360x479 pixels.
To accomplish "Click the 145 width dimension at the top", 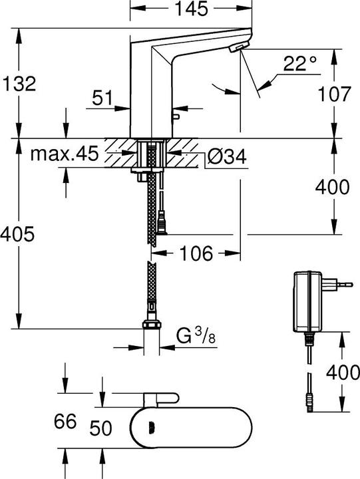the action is (x=191, y=9).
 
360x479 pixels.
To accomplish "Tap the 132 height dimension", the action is (x=19, y=83).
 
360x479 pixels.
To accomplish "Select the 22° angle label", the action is (x=300, y=64).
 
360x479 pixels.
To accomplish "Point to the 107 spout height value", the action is (x=334, y=94).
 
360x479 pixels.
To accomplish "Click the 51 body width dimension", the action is (x=102, y=98).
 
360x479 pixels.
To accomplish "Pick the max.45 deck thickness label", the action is (x=65, y=154).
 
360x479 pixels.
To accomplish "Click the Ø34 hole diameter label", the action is (x=227, y=157).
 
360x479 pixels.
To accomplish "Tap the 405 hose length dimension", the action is (x=17, y=234).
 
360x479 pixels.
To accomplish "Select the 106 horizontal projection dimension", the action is (x=196, y=253).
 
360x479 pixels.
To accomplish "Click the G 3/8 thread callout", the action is (x=196, y=336).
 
